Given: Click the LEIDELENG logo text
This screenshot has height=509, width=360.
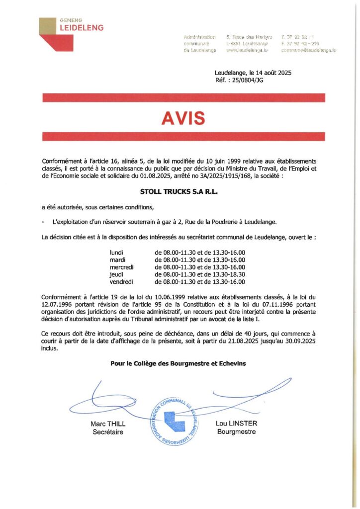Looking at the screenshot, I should (x=82, y=28).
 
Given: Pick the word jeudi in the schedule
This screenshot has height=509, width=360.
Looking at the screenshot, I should (x=116, y=274).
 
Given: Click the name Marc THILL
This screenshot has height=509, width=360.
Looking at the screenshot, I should (x=108, y=424).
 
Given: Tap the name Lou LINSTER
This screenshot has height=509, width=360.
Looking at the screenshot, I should (x=237, y=424).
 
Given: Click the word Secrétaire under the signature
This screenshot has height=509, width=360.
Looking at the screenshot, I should (x=108, y=432).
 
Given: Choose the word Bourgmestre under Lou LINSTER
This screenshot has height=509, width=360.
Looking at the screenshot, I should (x=237, y=431).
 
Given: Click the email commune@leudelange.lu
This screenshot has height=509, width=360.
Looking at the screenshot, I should (x=308, y=51).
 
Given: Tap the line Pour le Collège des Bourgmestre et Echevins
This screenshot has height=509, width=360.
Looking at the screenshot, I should (x=178, y=364).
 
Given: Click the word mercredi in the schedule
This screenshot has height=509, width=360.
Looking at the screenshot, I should (x=122, y=267).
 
